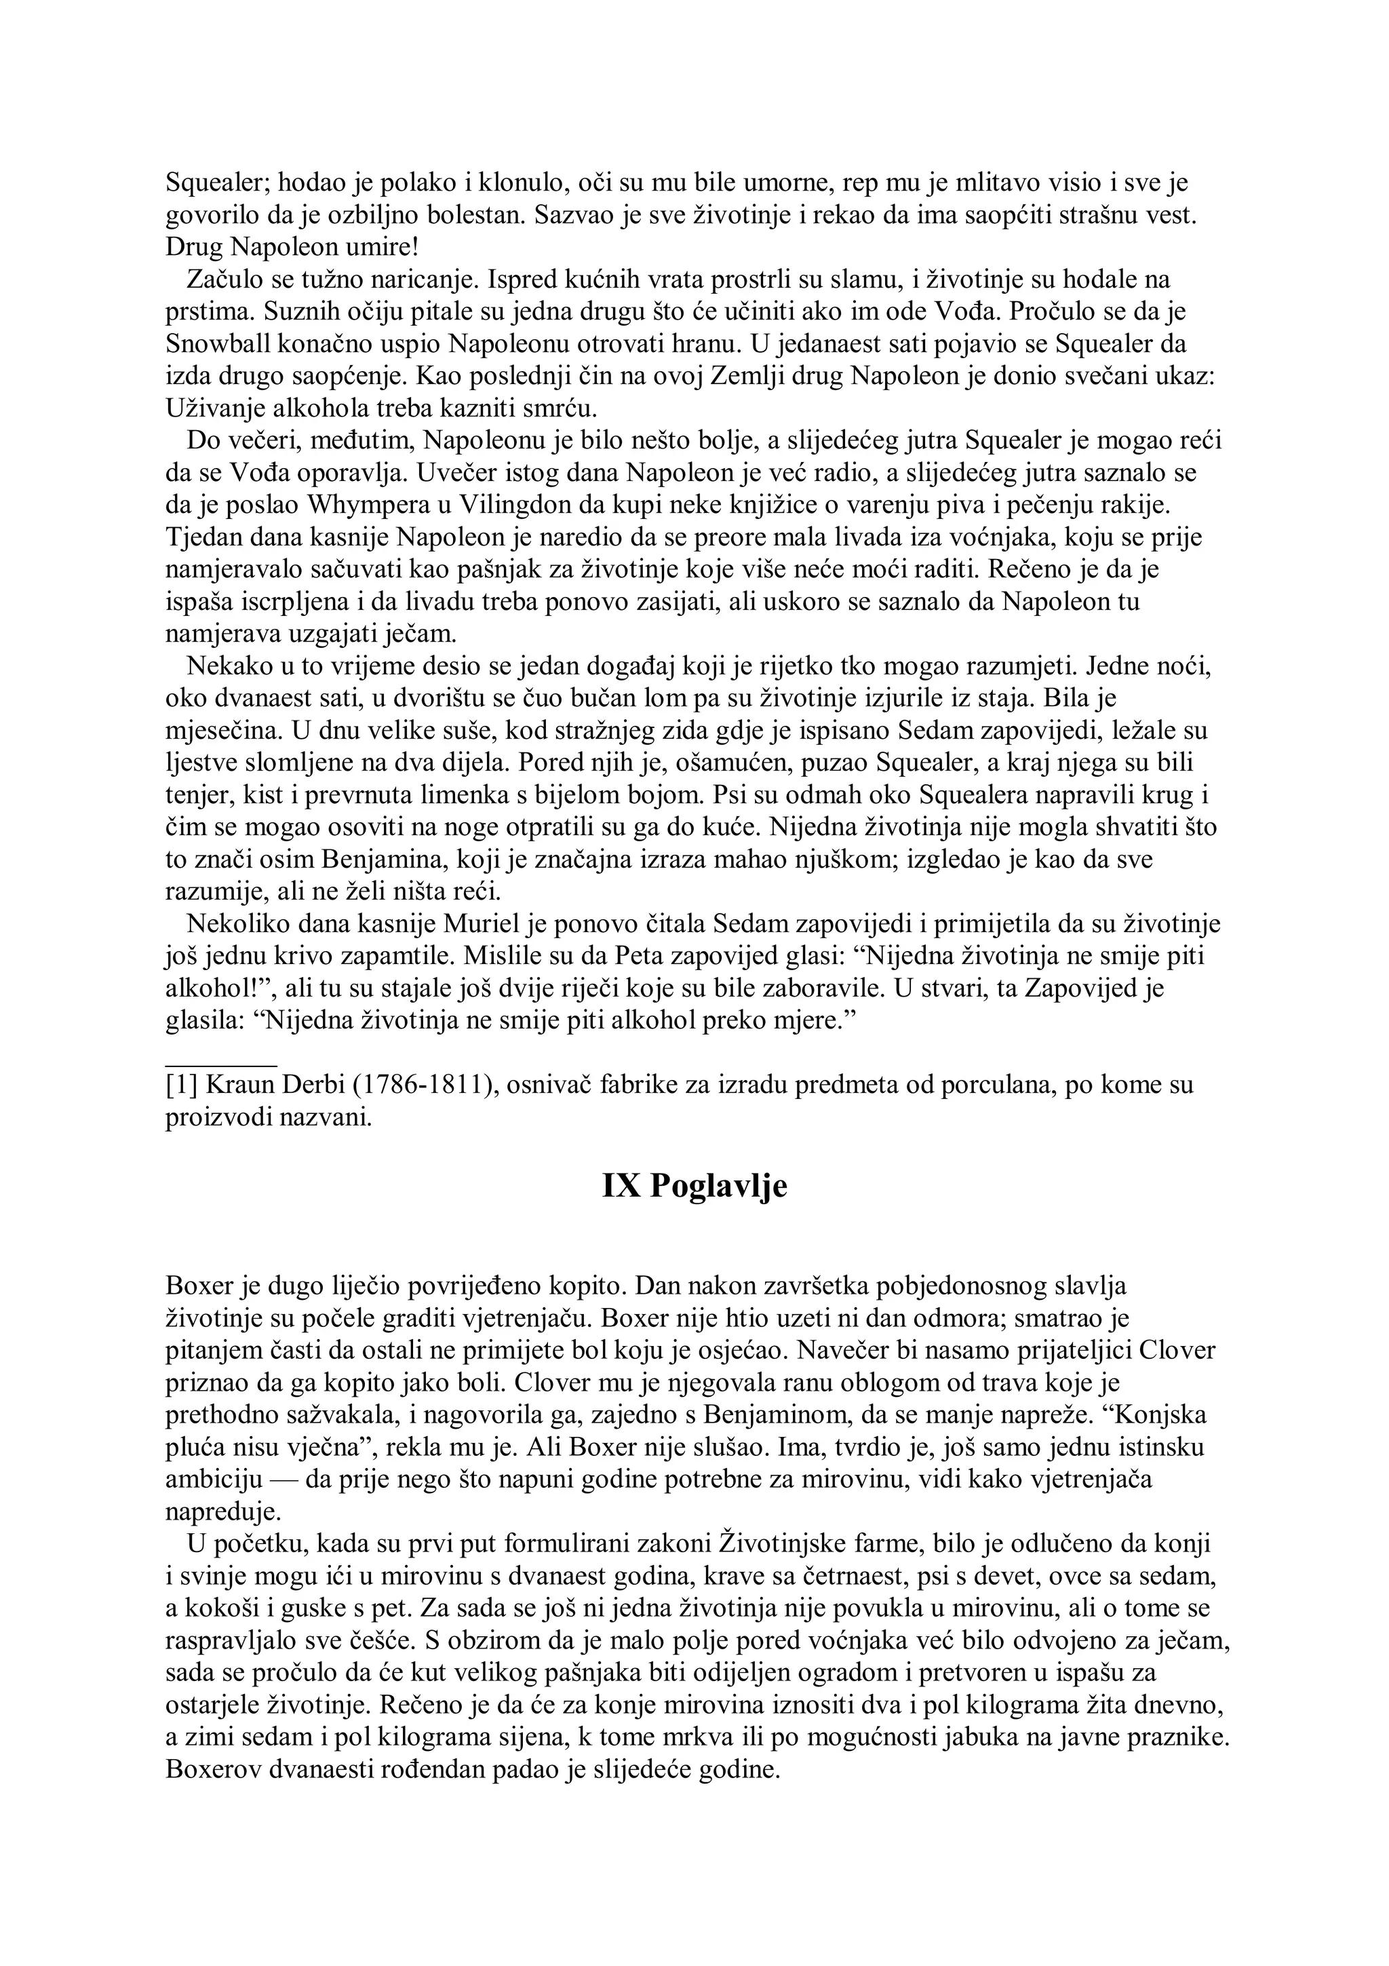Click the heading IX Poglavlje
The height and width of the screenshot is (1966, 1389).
click(x=694, y=1187)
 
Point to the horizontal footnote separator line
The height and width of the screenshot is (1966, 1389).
click(x=221, y=1065)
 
